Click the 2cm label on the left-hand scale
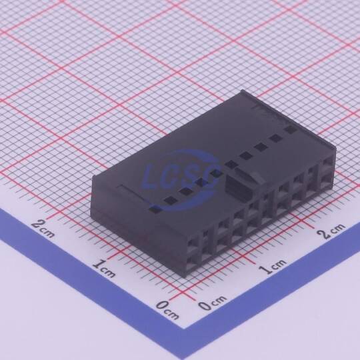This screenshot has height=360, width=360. coord(43,227)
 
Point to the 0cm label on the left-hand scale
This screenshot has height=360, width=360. coord(167,310)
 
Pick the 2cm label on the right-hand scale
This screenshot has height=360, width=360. coord(331,230)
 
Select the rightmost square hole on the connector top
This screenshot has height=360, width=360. coord(291,130)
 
